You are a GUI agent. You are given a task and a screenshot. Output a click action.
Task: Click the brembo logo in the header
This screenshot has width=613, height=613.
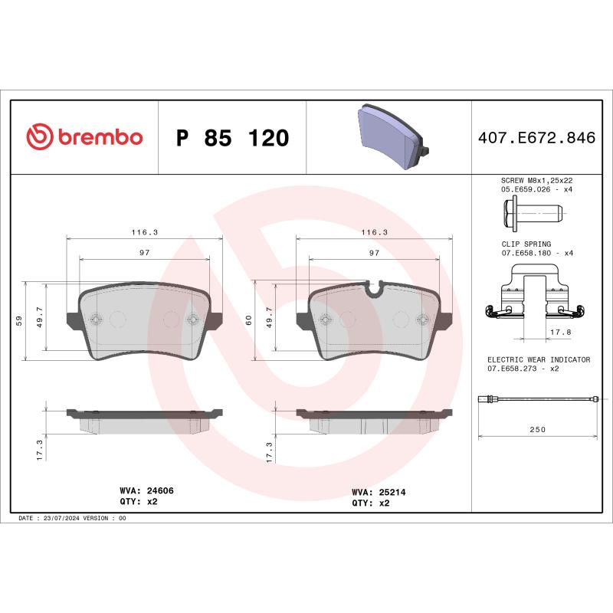click(x=84, y=137)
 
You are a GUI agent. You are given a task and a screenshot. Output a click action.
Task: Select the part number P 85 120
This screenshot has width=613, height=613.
click(x=232, y=139)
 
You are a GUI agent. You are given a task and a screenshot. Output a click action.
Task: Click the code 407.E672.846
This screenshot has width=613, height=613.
click(x=536, y=139)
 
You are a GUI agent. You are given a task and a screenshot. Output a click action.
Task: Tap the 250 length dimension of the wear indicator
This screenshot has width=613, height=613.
click(x=538, y=429)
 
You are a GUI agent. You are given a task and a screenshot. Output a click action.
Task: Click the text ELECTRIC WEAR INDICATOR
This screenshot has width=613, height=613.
click(x=539, y=359)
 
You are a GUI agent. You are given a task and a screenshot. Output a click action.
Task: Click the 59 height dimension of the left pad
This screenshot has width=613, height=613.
click(x=19, y=320)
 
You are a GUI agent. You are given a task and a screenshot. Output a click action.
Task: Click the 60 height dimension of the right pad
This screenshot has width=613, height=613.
click(x=249, y=320)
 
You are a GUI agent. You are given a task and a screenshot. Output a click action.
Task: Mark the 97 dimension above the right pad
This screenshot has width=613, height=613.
click(x=375, y=252)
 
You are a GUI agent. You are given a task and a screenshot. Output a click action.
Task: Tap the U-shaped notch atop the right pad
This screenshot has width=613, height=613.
click(x=375, y=288)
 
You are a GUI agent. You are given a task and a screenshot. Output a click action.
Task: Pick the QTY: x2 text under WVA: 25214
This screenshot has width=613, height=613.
click(x=371, y=503)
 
